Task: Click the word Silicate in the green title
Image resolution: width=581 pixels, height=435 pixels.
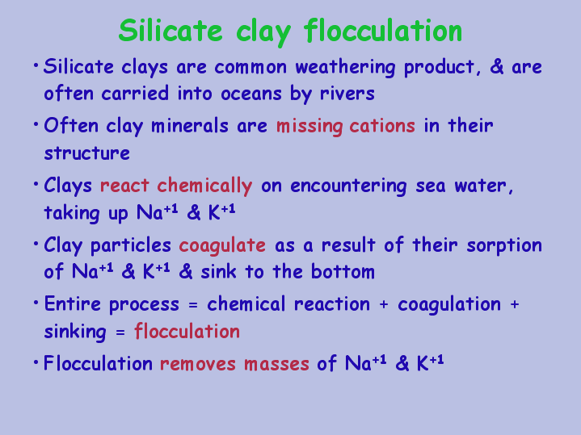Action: (x=171, y=31)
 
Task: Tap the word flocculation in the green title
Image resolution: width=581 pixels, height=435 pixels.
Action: (x=383, y=31)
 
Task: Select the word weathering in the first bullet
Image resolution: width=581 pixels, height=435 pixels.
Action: (x=345, y=68)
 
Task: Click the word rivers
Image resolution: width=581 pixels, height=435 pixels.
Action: (x=347, y=94)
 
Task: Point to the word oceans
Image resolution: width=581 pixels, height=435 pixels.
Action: (x=251, y=94)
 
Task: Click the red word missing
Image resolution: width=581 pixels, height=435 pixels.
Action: (x=309, y=127)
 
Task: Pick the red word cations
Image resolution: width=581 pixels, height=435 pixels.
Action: (x=382, y=126)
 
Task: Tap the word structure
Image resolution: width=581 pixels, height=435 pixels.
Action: (x=87, y=153)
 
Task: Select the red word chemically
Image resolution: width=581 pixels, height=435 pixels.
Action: (x=204, y=186)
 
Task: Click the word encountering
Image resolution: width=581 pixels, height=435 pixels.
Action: (x=348, y=186)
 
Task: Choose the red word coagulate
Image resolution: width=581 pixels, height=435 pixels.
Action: (x=222, y=246)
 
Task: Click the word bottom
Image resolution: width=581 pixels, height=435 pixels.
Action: (x=343, y=271)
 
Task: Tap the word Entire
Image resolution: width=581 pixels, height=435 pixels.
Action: (x=73, y=304)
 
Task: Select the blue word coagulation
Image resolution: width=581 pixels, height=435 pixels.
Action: (x=449, y=305)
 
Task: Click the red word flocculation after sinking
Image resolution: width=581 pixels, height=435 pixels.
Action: (x=187, y=331)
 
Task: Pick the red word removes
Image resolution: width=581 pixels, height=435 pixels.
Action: (x=198, y=364)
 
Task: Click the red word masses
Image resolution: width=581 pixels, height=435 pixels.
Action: (x=276, y=364)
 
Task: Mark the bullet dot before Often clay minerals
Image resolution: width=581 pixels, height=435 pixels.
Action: (x=36, y=124)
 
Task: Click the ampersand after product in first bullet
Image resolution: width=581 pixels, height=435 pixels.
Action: (x=496, y=67)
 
